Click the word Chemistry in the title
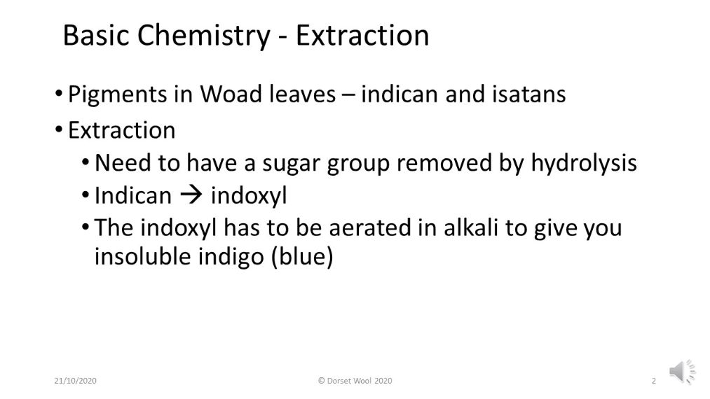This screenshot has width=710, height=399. click(x=204, y=36)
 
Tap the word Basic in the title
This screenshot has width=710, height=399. click(x=96, y=35)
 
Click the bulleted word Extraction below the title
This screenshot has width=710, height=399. click(x=121, y=130)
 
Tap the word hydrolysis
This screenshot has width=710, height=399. click(x=584, y=163)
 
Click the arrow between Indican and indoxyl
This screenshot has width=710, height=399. click(x=191, y=195)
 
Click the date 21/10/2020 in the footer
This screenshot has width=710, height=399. click(x=75, y=381)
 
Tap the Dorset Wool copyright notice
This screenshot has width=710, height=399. click(x=355, y=381)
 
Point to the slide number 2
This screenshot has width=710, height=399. click(x=653, y=381)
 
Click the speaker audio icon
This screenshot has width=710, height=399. click(x=682, y=372)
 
